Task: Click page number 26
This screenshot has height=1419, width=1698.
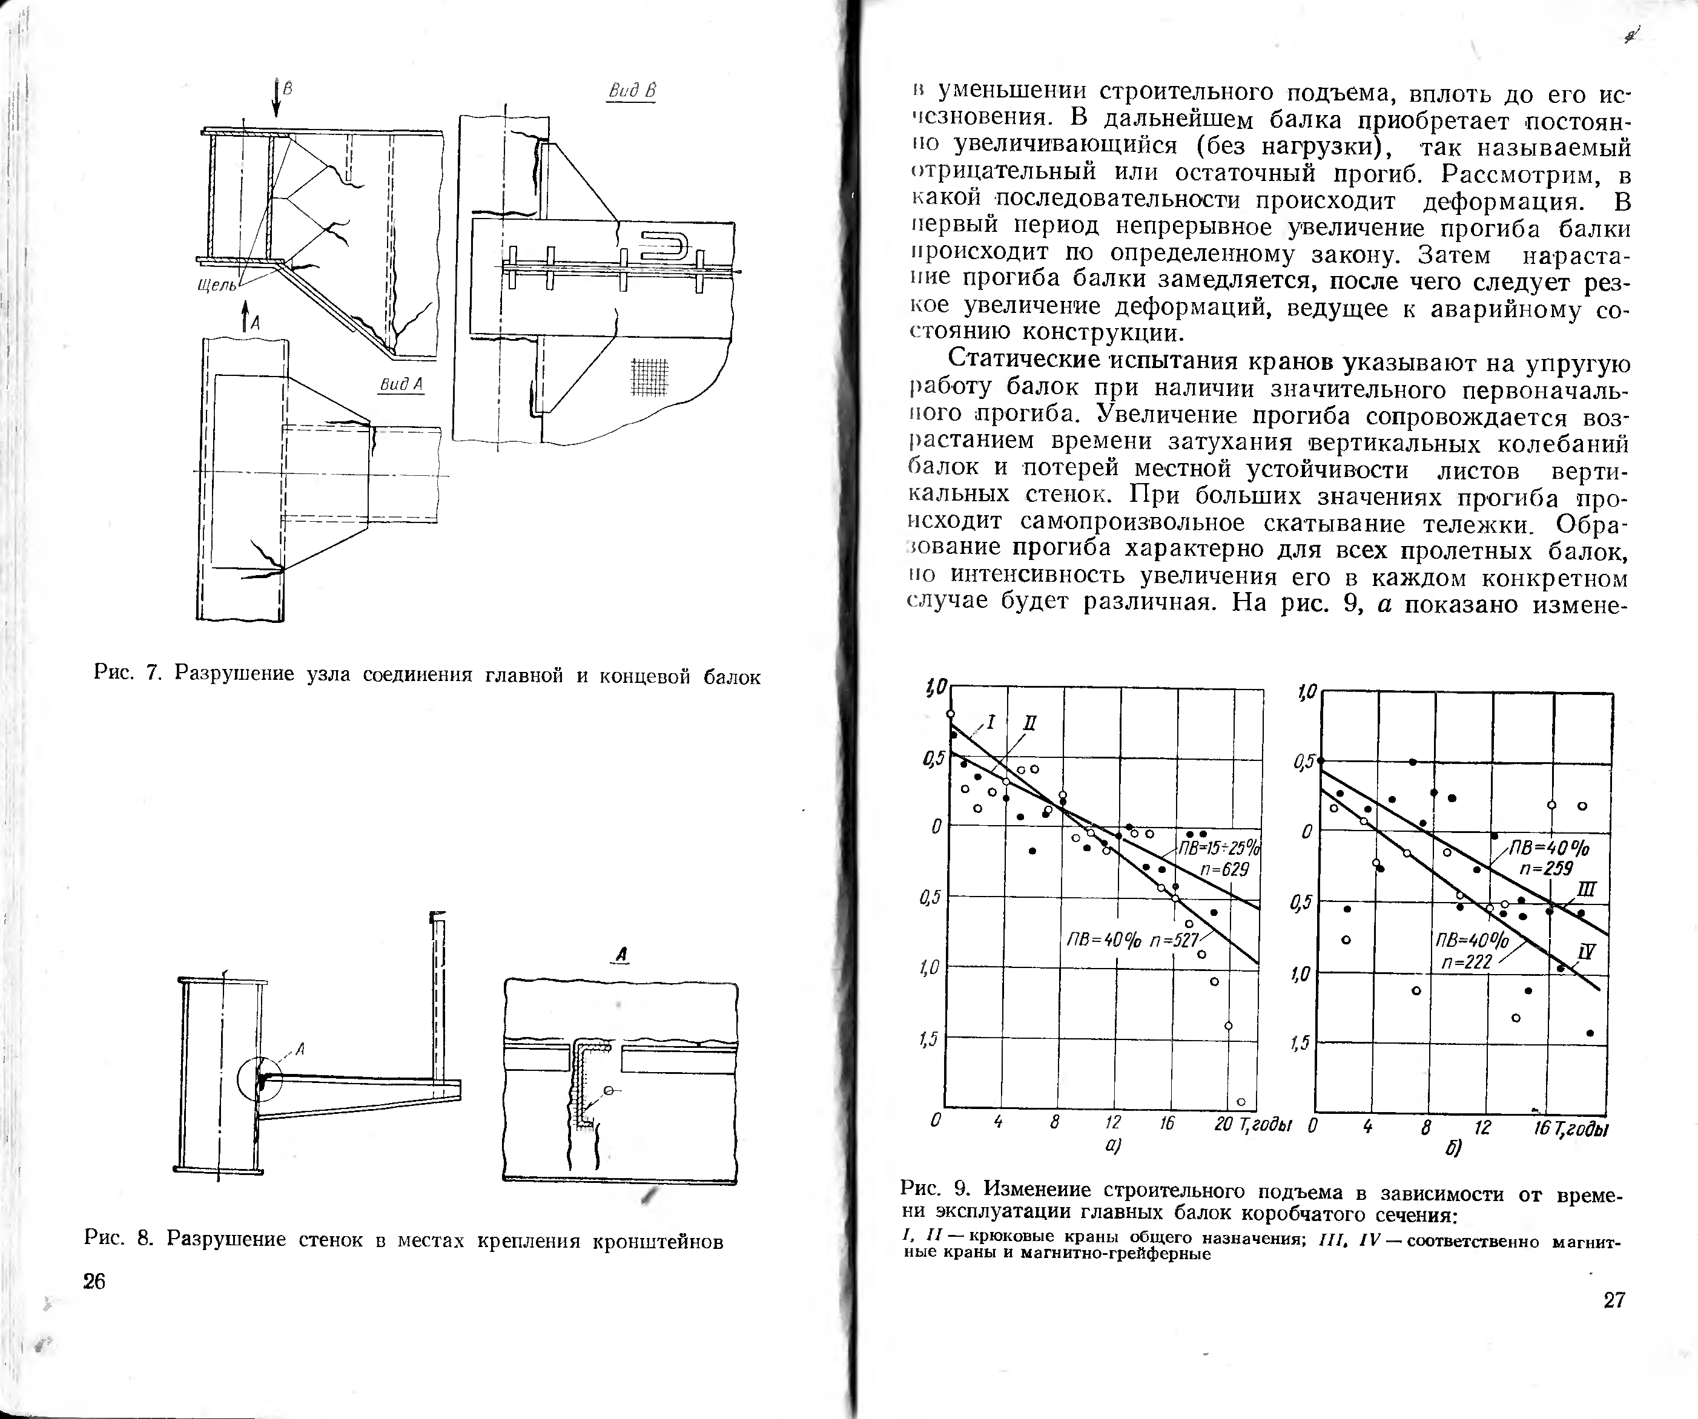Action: coord(94,1282)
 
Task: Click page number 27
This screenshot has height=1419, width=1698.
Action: coord(1613,1300)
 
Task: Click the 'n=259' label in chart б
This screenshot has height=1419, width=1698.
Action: coord(1546,868)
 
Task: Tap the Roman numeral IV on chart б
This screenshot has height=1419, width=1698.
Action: coord(1587,952)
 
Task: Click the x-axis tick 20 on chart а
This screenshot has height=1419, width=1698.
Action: coord(1223,1123)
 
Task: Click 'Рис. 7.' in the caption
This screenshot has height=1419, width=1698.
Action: coord(130,674)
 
